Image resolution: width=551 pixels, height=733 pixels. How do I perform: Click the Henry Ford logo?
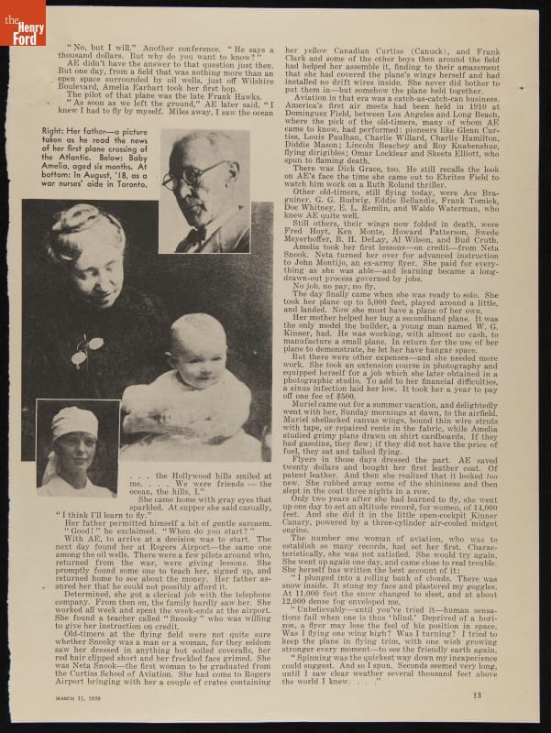click(x=22, y=22)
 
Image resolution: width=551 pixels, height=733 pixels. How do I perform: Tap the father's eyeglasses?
click(x=199, y=175)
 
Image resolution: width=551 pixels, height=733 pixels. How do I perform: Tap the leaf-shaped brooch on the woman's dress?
click(x=87, y=348)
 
